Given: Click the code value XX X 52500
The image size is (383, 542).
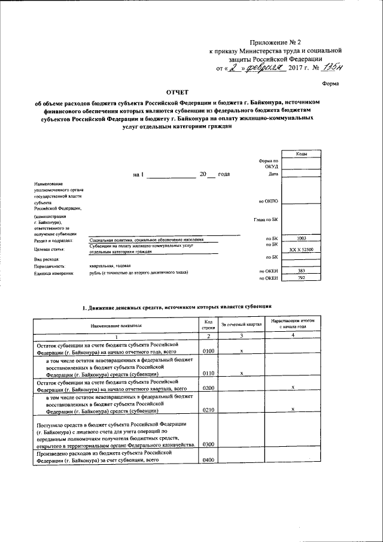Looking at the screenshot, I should tap(301, 249).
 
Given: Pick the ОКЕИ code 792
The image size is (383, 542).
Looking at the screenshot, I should tap(301, 278).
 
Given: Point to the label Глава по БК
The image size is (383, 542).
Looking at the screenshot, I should tap(266, 220).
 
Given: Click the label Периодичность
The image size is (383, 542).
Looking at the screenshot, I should tap(50, 265).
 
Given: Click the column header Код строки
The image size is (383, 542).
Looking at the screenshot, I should tap(208, 323).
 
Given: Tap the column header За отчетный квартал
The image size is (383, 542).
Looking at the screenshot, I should tap(241, 324).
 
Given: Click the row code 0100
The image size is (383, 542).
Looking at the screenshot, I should tap(208, 352).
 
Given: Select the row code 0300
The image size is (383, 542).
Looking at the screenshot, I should tap(208, 444).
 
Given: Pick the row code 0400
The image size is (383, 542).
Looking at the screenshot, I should tap(208, 459).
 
